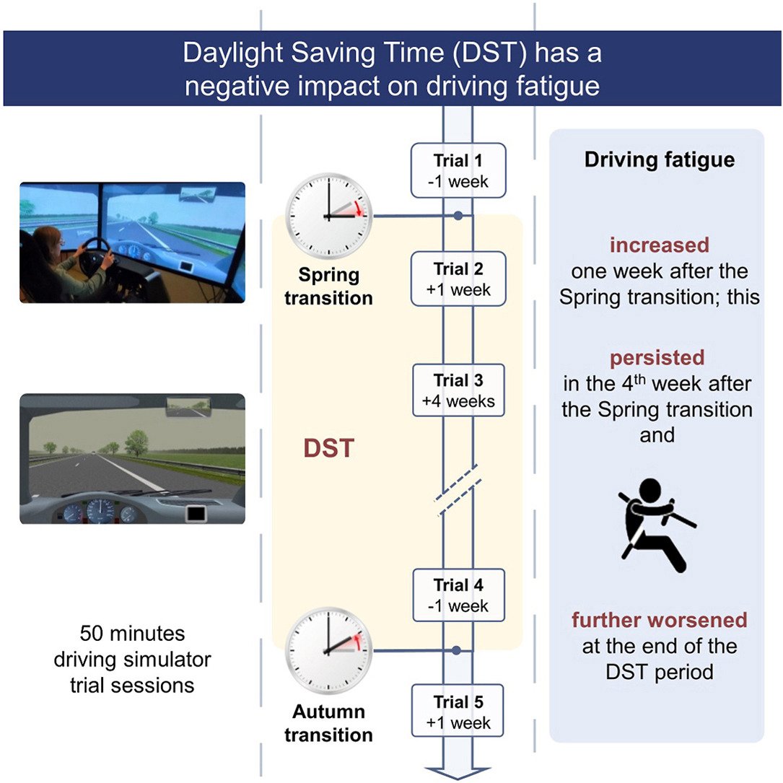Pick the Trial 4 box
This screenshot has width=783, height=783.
[458, 595]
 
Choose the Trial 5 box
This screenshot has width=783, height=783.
[458, 712]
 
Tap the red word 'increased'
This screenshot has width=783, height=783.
[659, 245]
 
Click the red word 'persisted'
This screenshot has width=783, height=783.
[657, 359]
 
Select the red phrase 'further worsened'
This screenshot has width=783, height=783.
[659, 620]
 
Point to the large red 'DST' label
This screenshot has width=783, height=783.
[328, 448]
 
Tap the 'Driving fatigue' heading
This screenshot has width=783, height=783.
[659, 159]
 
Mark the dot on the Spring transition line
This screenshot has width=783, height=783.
[458, 215]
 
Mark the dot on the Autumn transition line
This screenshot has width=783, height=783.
[457, 651]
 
